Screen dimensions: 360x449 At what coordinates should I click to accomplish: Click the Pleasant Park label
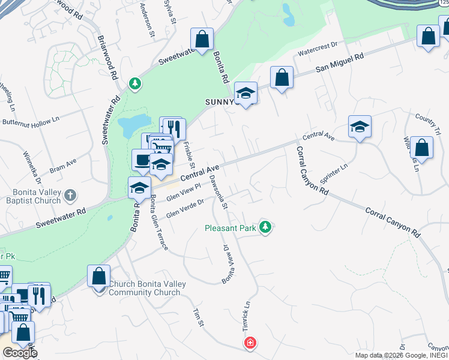point(231,228)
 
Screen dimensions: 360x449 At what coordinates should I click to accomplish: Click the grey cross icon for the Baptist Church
point(70,195)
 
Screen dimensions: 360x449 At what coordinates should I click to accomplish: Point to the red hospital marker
point(250,343)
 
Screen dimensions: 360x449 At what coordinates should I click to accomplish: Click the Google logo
point(19,353)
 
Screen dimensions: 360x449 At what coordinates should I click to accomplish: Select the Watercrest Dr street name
point(318,47)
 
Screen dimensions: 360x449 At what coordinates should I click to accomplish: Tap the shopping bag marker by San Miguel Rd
point(282,77)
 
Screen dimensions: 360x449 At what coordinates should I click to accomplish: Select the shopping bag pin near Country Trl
point(421,148)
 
